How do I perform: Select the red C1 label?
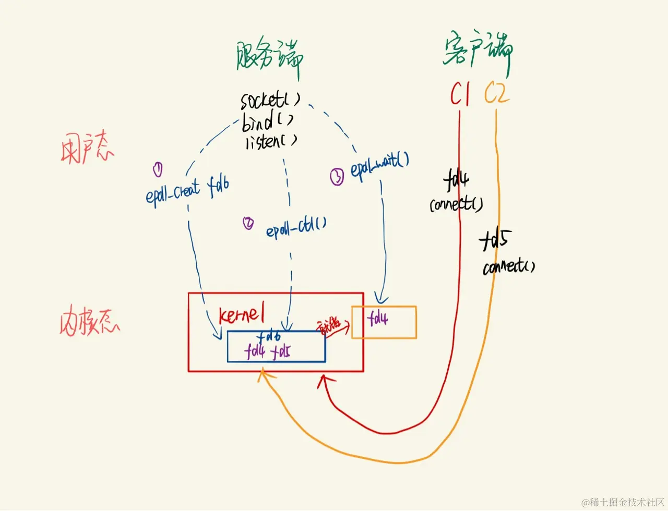460,94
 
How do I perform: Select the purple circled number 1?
158,169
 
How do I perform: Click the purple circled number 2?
248,223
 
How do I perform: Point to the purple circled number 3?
337,177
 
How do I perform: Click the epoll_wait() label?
379,165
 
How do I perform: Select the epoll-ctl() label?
296,227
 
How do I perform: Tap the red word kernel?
242,314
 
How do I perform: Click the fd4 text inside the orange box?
377,318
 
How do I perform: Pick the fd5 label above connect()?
494,240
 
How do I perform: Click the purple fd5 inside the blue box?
281,351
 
